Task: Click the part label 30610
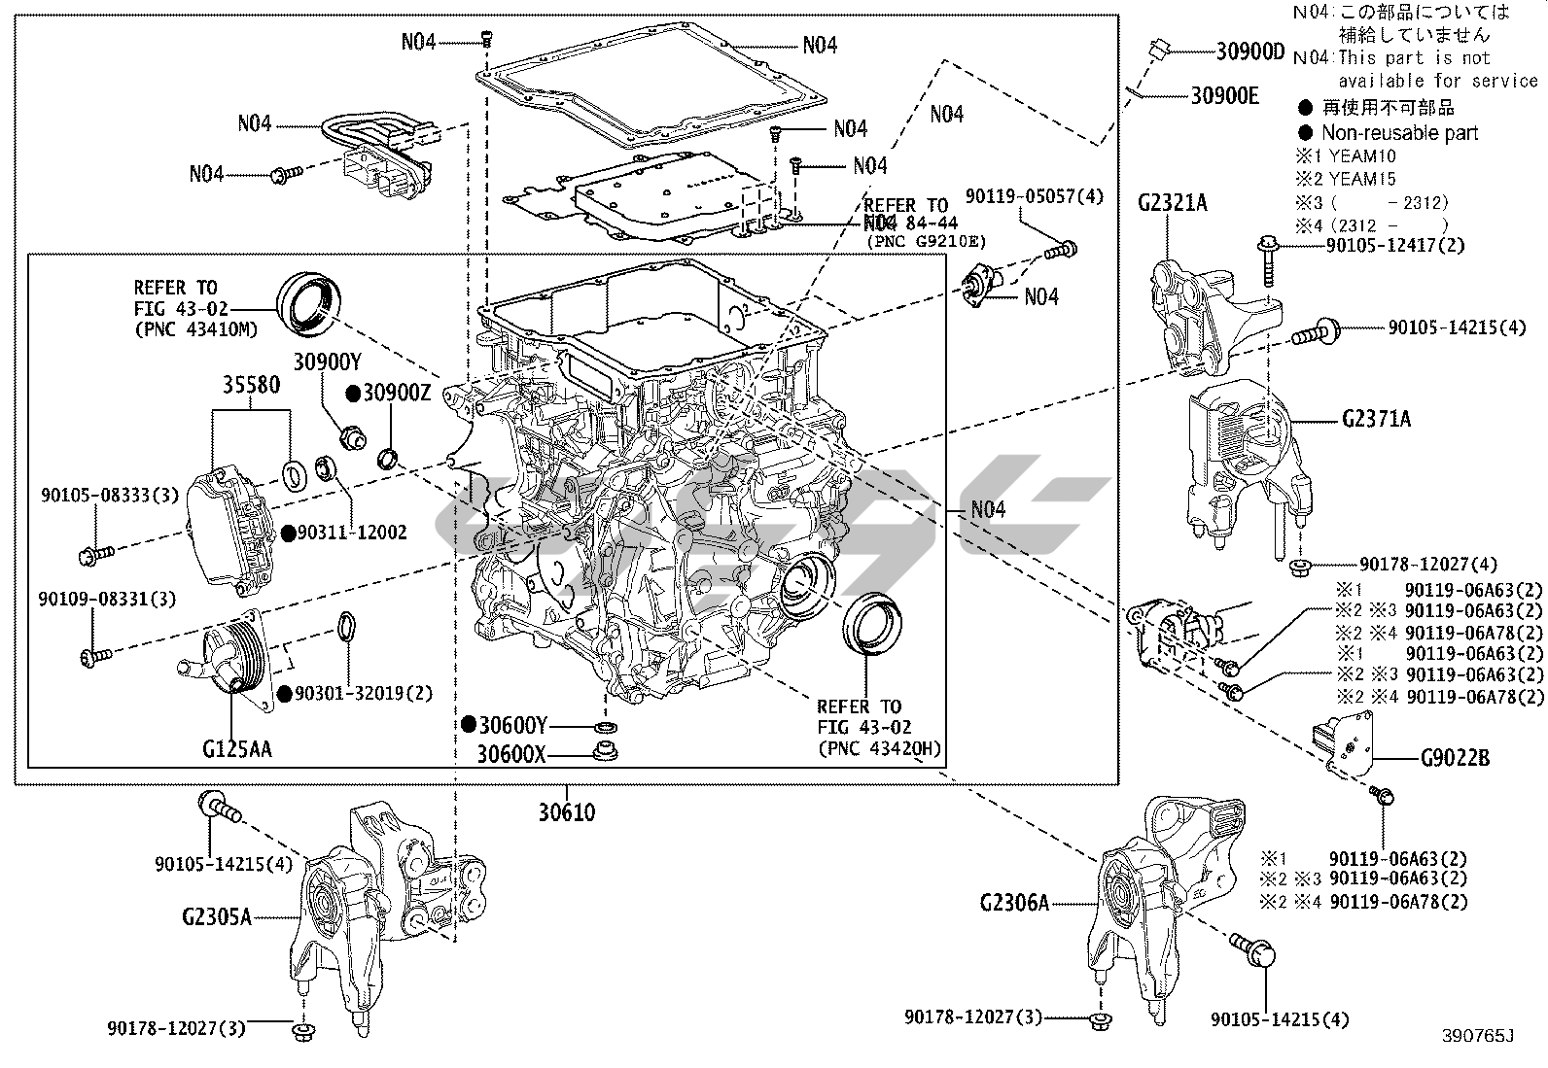coord(567,811)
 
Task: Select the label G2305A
coord(216,916)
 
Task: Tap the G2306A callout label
coord(1014,903)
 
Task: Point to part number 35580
coord(251,385)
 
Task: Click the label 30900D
coord(1249,52)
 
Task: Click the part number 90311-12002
coord(352,533)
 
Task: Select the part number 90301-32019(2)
coord(364,694)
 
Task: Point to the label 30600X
coord(511,753)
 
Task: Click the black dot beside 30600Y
coord(469,724)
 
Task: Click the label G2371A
coord(1375,420)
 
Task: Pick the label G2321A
coord(1173,203)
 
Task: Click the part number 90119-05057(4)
coord(1035,196)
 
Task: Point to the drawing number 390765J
coord(1479,1036)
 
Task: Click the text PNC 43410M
coord(196,329)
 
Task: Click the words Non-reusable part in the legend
coord(1398,133)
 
